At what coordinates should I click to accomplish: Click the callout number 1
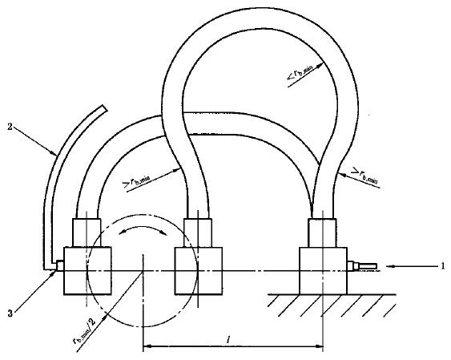[x=443, y=266]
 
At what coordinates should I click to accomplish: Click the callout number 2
[x=10, y=127]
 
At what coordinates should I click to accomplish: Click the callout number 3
[x=10, y=313]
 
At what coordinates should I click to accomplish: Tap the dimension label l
[x=228, y=340]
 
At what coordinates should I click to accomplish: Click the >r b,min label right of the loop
[x=364, y=176]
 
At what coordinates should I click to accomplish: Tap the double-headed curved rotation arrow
[x=143, y=228]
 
